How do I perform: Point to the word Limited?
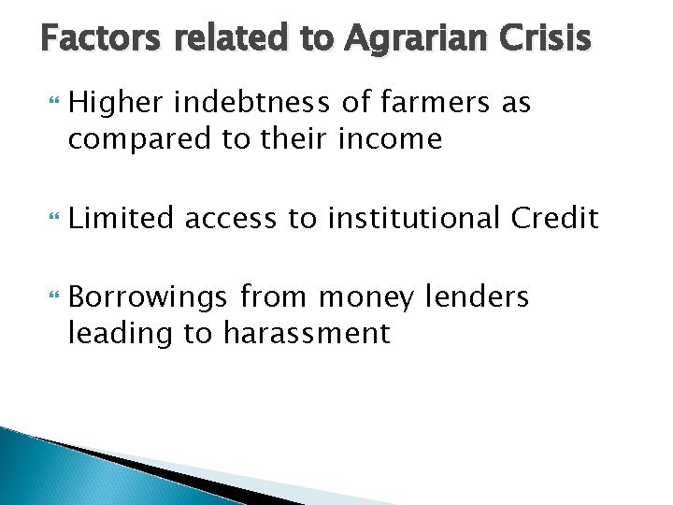pos(120,219)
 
